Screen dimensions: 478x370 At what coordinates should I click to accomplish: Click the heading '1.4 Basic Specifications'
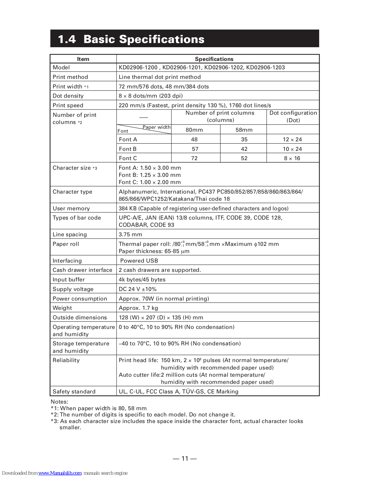click(131, 39)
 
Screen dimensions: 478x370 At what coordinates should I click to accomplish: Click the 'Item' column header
click(83, 59)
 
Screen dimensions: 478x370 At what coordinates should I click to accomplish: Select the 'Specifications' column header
click(214, 59)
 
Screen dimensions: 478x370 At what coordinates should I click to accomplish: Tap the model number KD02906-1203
click(265, 68)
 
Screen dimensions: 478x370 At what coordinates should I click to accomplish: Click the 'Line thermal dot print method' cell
click(159, 77)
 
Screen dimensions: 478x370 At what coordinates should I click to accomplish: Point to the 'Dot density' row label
click(68, 96)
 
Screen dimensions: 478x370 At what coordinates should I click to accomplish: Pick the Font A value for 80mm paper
click(194, 140)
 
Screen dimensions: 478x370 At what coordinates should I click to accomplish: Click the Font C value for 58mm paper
click(244, 158)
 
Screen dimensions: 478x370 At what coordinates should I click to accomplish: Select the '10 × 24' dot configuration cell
click(292, 149)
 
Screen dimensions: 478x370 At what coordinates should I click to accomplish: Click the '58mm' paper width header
click(244, 130)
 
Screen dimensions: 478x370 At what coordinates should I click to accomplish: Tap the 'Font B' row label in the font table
click(128, 149)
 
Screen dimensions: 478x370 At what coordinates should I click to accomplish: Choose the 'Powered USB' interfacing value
click(139, 261)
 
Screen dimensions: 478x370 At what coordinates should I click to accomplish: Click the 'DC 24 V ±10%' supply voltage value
click(138, 289)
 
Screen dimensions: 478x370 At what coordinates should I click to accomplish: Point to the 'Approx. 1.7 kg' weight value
click(138, 308)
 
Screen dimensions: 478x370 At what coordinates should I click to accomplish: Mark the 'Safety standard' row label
click(74, 392)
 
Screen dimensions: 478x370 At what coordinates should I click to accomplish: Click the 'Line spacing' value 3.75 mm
click(130, 235)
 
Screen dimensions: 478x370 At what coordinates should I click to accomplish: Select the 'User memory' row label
click(71, 209)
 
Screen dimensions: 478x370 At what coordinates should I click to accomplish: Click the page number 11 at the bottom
click(185, 459)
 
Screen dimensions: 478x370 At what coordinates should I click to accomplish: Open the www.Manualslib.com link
click(60, 473)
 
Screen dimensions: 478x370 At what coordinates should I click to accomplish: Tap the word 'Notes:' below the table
click(59, 402)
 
